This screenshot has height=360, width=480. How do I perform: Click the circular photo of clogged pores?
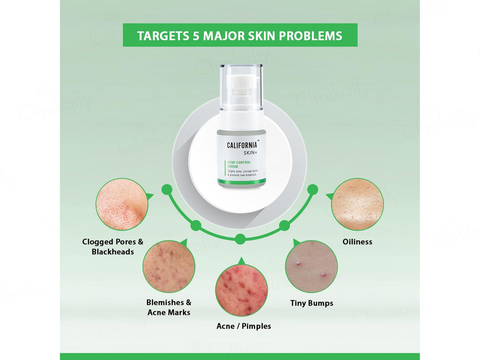point(120,204)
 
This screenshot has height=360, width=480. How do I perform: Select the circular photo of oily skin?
point(358,204)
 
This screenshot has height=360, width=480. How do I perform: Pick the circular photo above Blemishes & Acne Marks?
point(169,266)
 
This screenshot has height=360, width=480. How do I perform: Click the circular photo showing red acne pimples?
point(241,290)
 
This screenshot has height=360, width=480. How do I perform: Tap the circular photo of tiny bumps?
point(312,266)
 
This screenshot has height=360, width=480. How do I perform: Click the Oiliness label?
point(357,242)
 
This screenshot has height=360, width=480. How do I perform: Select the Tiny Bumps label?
point(312,303)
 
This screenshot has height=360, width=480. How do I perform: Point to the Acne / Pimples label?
point(243,326)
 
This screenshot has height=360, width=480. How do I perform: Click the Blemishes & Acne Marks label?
point(168,307)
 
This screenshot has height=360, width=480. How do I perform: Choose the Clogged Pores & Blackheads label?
point(113,247)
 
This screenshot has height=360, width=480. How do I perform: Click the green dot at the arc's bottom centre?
point(240,239)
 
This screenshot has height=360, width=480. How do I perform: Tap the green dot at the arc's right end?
point(313,189)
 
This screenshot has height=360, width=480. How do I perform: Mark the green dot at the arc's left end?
point(167,190)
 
